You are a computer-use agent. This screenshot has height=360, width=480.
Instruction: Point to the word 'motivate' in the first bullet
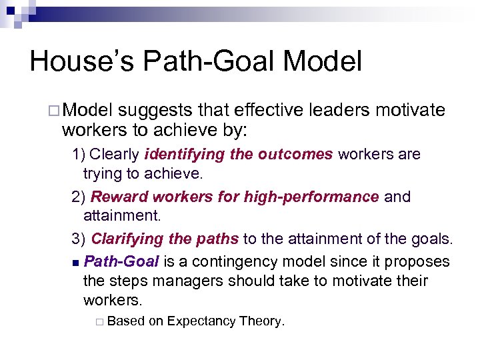pyautogui.click(x=409, y=110)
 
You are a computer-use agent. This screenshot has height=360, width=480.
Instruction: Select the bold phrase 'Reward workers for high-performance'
pyautogui.click(x=235, y=197)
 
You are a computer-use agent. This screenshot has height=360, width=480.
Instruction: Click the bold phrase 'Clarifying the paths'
pyautogui.click(x=165, y=239)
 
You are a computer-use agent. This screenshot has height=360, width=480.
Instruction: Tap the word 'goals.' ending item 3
pyautogui.click(x=432, y=239)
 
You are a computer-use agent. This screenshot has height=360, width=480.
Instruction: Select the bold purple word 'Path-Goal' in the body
pyautogui.click(x=121, y=261)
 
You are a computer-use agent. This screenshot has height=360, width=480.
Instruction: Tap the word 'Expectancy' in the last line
pyautogui.click(x=201, y=321)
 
